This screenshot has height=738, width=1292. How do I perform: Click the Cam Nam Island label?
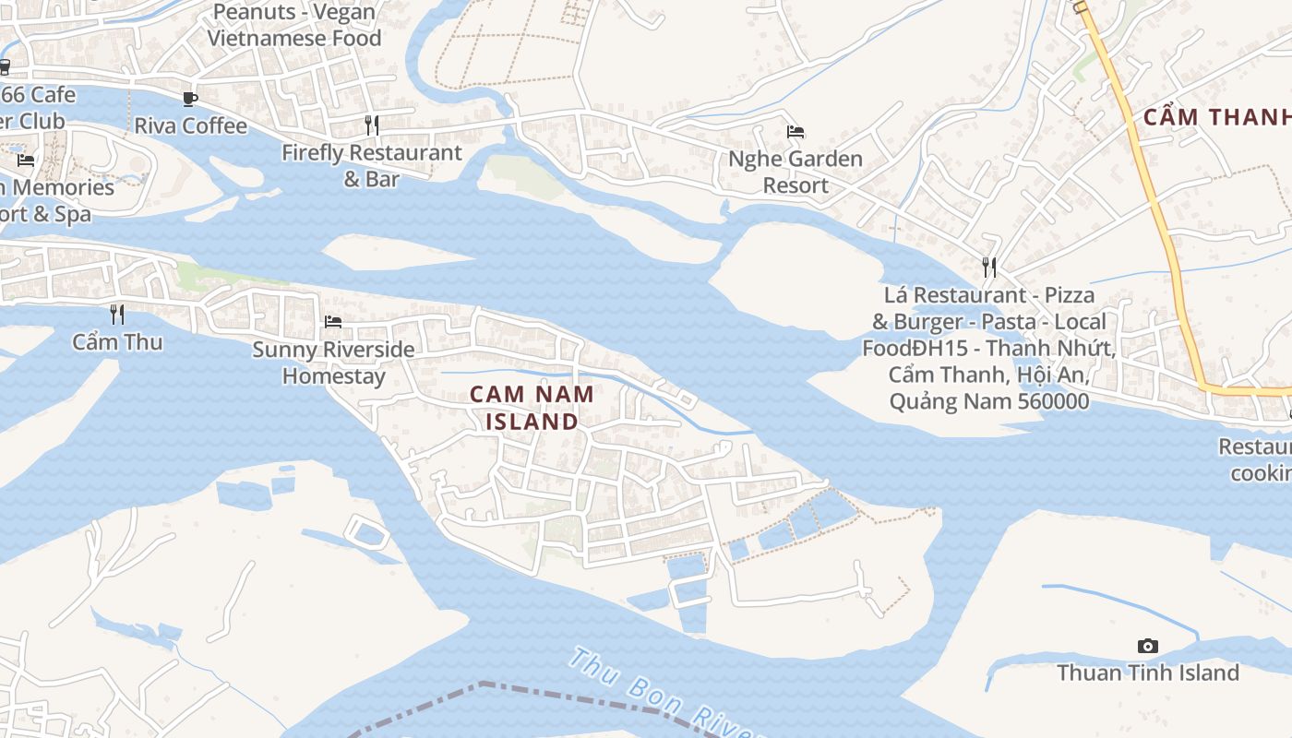click(x=532, y=408)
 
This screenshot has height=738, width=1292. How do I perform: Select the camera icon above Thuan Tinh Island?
click(x=1147, y=646)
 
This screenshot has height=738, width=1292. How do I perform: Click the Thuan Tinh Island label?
click(x=1147, y=673)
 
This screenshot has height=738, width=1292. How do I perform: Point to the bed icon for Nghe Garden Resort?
click(x=796, y=132)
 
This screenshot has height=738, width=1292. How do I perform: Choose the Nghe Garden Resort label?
click(x=796, y=172)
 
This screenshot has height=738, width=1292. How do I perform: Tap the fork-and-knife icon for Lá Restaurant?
click(x=989, y=268)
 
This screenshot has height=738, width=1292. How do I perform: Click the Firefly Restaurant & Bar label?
click(x=372, y=166)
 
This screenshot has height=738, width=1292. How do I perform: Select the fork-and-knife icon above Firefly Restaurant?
click(x=372, y=125)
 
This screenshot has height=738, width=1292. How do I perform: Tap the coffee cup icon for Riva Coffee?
click(x=190, y=99)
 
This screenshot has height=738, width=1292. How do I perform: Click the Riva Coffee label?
click(x=190, y=125)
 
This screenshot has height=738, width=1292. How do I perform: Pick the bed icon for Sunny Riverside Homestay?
click(x=333, y=321)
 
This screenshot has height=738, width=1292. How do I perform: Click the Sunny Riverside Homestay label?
click(x=333, y=363)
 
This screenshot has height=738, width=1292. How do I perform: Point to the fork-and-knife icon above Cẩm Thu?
click(x=117, y=315)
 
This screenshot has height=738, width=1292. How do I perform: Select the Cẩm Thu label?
click(x=117, y=342)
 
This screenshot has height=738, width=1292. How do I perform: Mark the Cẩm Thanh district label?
click(x=1216, y=117)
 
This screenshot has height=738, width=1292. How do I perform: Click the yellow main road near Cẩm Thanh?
click(x=1154, y=203)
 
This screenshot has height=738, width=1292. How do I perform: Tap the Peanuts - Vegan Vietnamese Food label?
click(x=293, y=25)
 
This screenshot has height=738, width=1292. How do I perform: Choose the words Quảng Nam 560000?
click(x=988, y=401)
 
